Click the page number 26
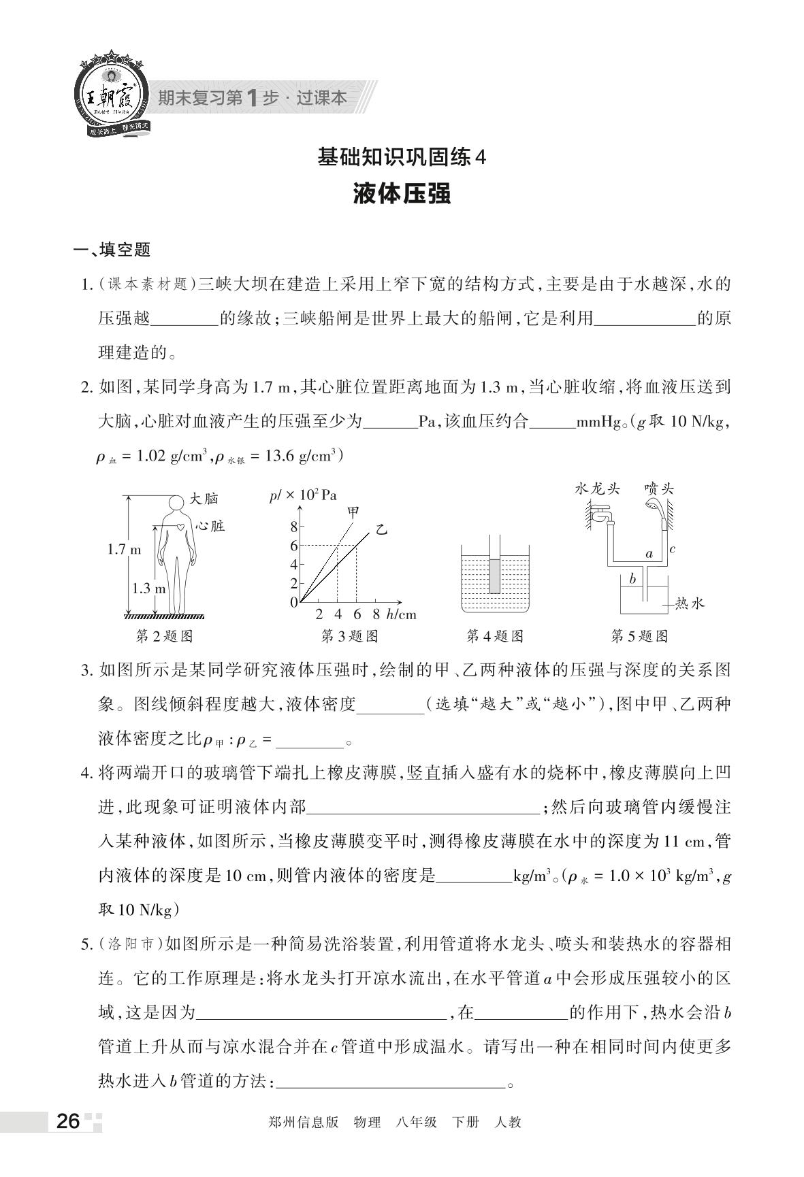click(68, 1121)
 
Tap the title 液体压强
click(402, 194)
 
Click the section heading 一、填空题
click(112, 250)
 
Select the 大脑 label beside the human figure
click(204, 499)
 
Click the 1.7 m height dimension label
click(124, 550)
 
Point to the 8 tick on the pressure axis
click(294, 527)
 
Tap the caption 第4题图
click(495, 636)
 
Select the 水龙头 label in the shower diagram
click(597, 489)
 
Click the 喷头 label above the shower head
click(659, 489)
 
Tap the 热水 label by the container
click(689, 603)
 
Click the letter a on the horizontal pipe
click(649, 554)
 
